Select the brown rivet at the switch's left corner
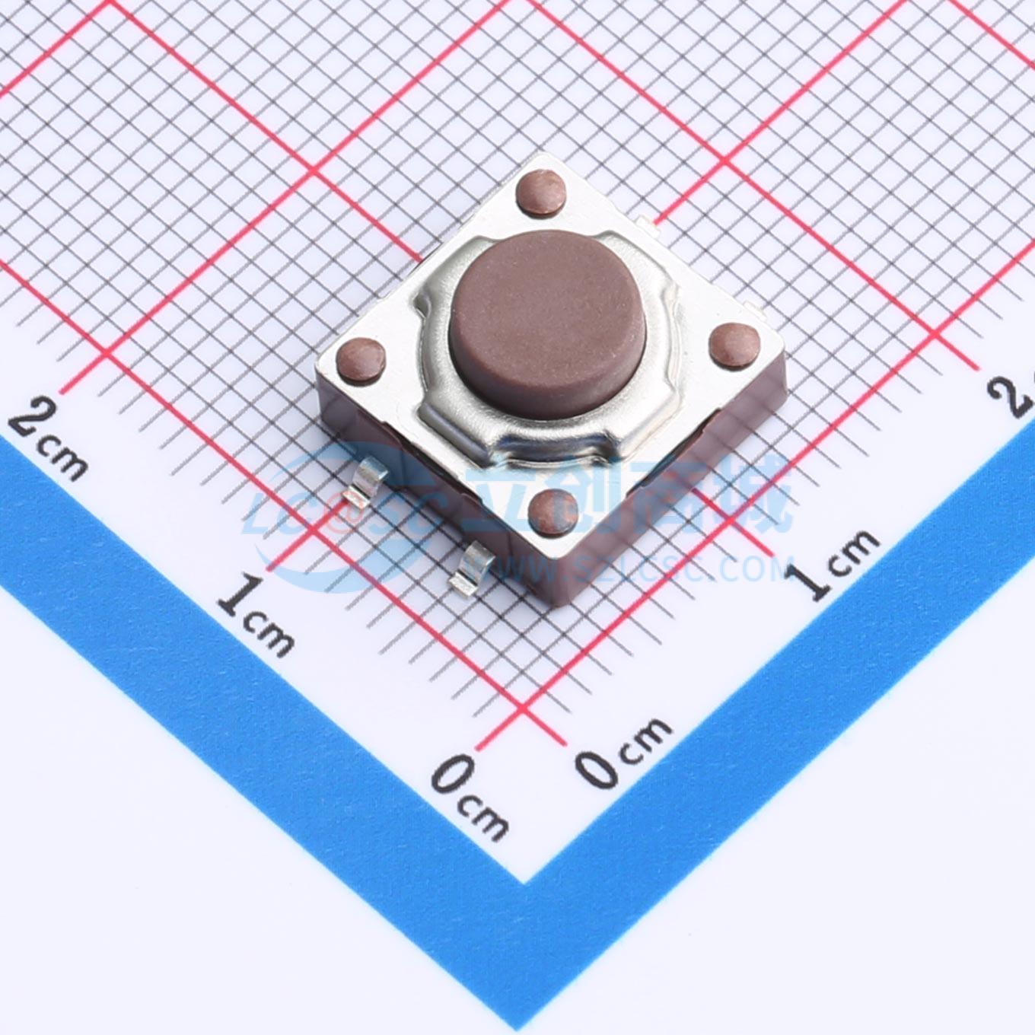[361, 358]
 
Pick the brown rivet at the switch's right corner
[732, 345]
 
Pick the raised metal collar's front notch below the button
[556, 449]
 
